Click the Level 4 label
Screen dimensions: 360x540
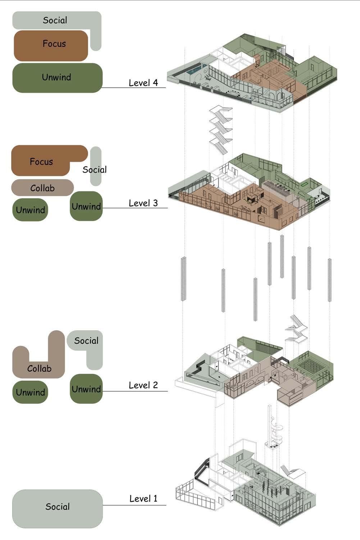tap(143, 83)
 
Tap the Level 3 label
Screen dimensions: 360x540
tap(143, 203)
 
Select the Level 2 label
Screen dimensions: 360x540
tap(143, 385)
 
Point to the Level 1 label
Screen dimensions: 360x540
tap(143, 498)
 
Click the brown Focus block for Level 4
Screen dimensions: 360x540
tap(51, 46)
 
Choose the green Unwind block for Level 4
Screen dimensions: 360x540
tap(58, 78)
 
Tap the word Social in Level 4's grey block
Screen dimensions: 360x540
tap(55, 20)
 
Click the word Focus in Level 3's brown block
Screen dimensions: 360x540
tap(41, 161)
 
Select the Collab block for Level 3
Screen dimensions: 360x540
tap(42, 188)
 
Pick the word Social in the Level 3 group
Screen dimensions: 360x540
tap(95, 169)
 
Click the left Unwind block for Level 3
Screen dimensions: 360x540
tap(30, 210)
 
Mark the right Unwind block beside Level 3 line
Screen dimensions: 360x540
tap(86, 206)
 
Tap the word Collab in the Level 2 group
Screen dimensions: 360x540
tap(39, 369)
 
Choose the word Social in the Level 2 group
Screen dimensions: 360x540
tap(86, 340)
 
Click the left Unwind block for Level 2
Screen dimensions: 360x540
tap(30, 392)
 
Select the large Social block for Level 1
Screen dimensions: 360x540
tap(58, 509)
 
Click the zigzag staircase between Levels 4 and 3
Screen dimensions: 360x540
tap(221, 129)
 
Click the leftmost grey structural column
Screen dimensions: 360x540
tap(183, 279)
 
